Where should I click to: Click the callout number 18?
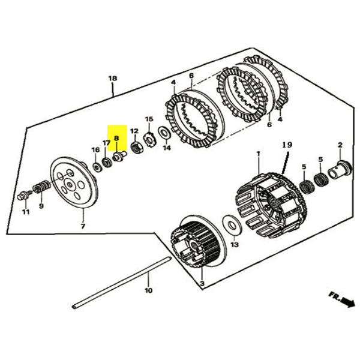(x=112, y=79)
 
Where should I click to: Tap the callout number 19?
(x=286, y=145)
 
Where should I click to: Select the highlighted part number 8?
(x=117, y=137)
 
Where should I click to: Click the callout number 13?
(x=235, y=245)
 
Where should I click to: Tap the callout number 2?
(x=340, y=145)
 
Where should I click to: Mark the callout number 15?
(x=149, y=119)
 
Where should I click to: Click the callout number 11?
(x=25, y=212)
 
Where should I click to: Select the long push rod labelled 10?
(x=120, y=282)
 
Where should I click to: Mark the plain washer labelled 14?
(x=163, y=132)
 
